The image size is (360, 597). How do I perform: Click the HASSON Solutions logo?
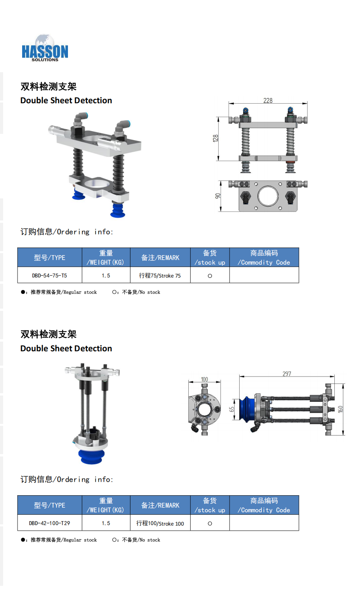(x=45, y=48)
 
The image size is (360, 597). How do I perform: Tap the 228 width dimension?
(x=268, y=101)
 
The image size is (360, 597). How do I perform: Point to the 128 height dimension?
(x=216, y=138)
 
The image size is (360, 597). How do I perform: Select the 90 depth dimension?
(x=218, y=196)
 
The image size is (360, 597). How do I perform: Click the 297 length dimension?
(x=287, y=374)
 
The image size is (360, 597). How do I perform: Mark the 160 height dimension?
(x=340, y=410)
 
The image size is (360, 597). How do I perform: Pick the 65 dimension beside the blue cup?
(x=232, y=409)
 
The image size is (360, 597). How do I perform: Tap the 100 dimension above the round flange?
(x=204, y=379)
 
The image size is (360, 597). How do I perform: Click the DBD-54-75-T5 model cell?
(x=50, y=276)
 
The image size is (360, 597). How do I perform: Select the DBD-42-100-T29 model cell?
(x=50, y=523)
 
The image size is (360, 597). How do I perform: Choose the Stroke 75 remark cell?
(x=160, y=276)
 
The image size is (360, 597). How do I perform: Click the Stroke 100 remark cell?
(x=160, y=523)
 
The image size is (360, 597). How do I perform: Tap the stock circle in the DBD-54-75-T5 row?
(x=210, y=276)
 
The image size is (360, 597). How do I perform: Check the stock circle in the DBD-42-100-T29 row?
(x=210, y=523)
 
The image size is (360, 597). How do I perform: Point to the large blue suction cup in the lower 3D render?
(x=92, y=456)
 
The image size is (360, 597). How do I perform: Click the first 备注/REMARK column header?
(x=160, y=257)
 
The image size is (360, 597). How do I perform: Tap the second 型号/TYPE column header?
(x=50, y=505)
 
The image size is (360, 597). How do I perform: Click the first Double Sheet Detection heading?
(x=66, y=101)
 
